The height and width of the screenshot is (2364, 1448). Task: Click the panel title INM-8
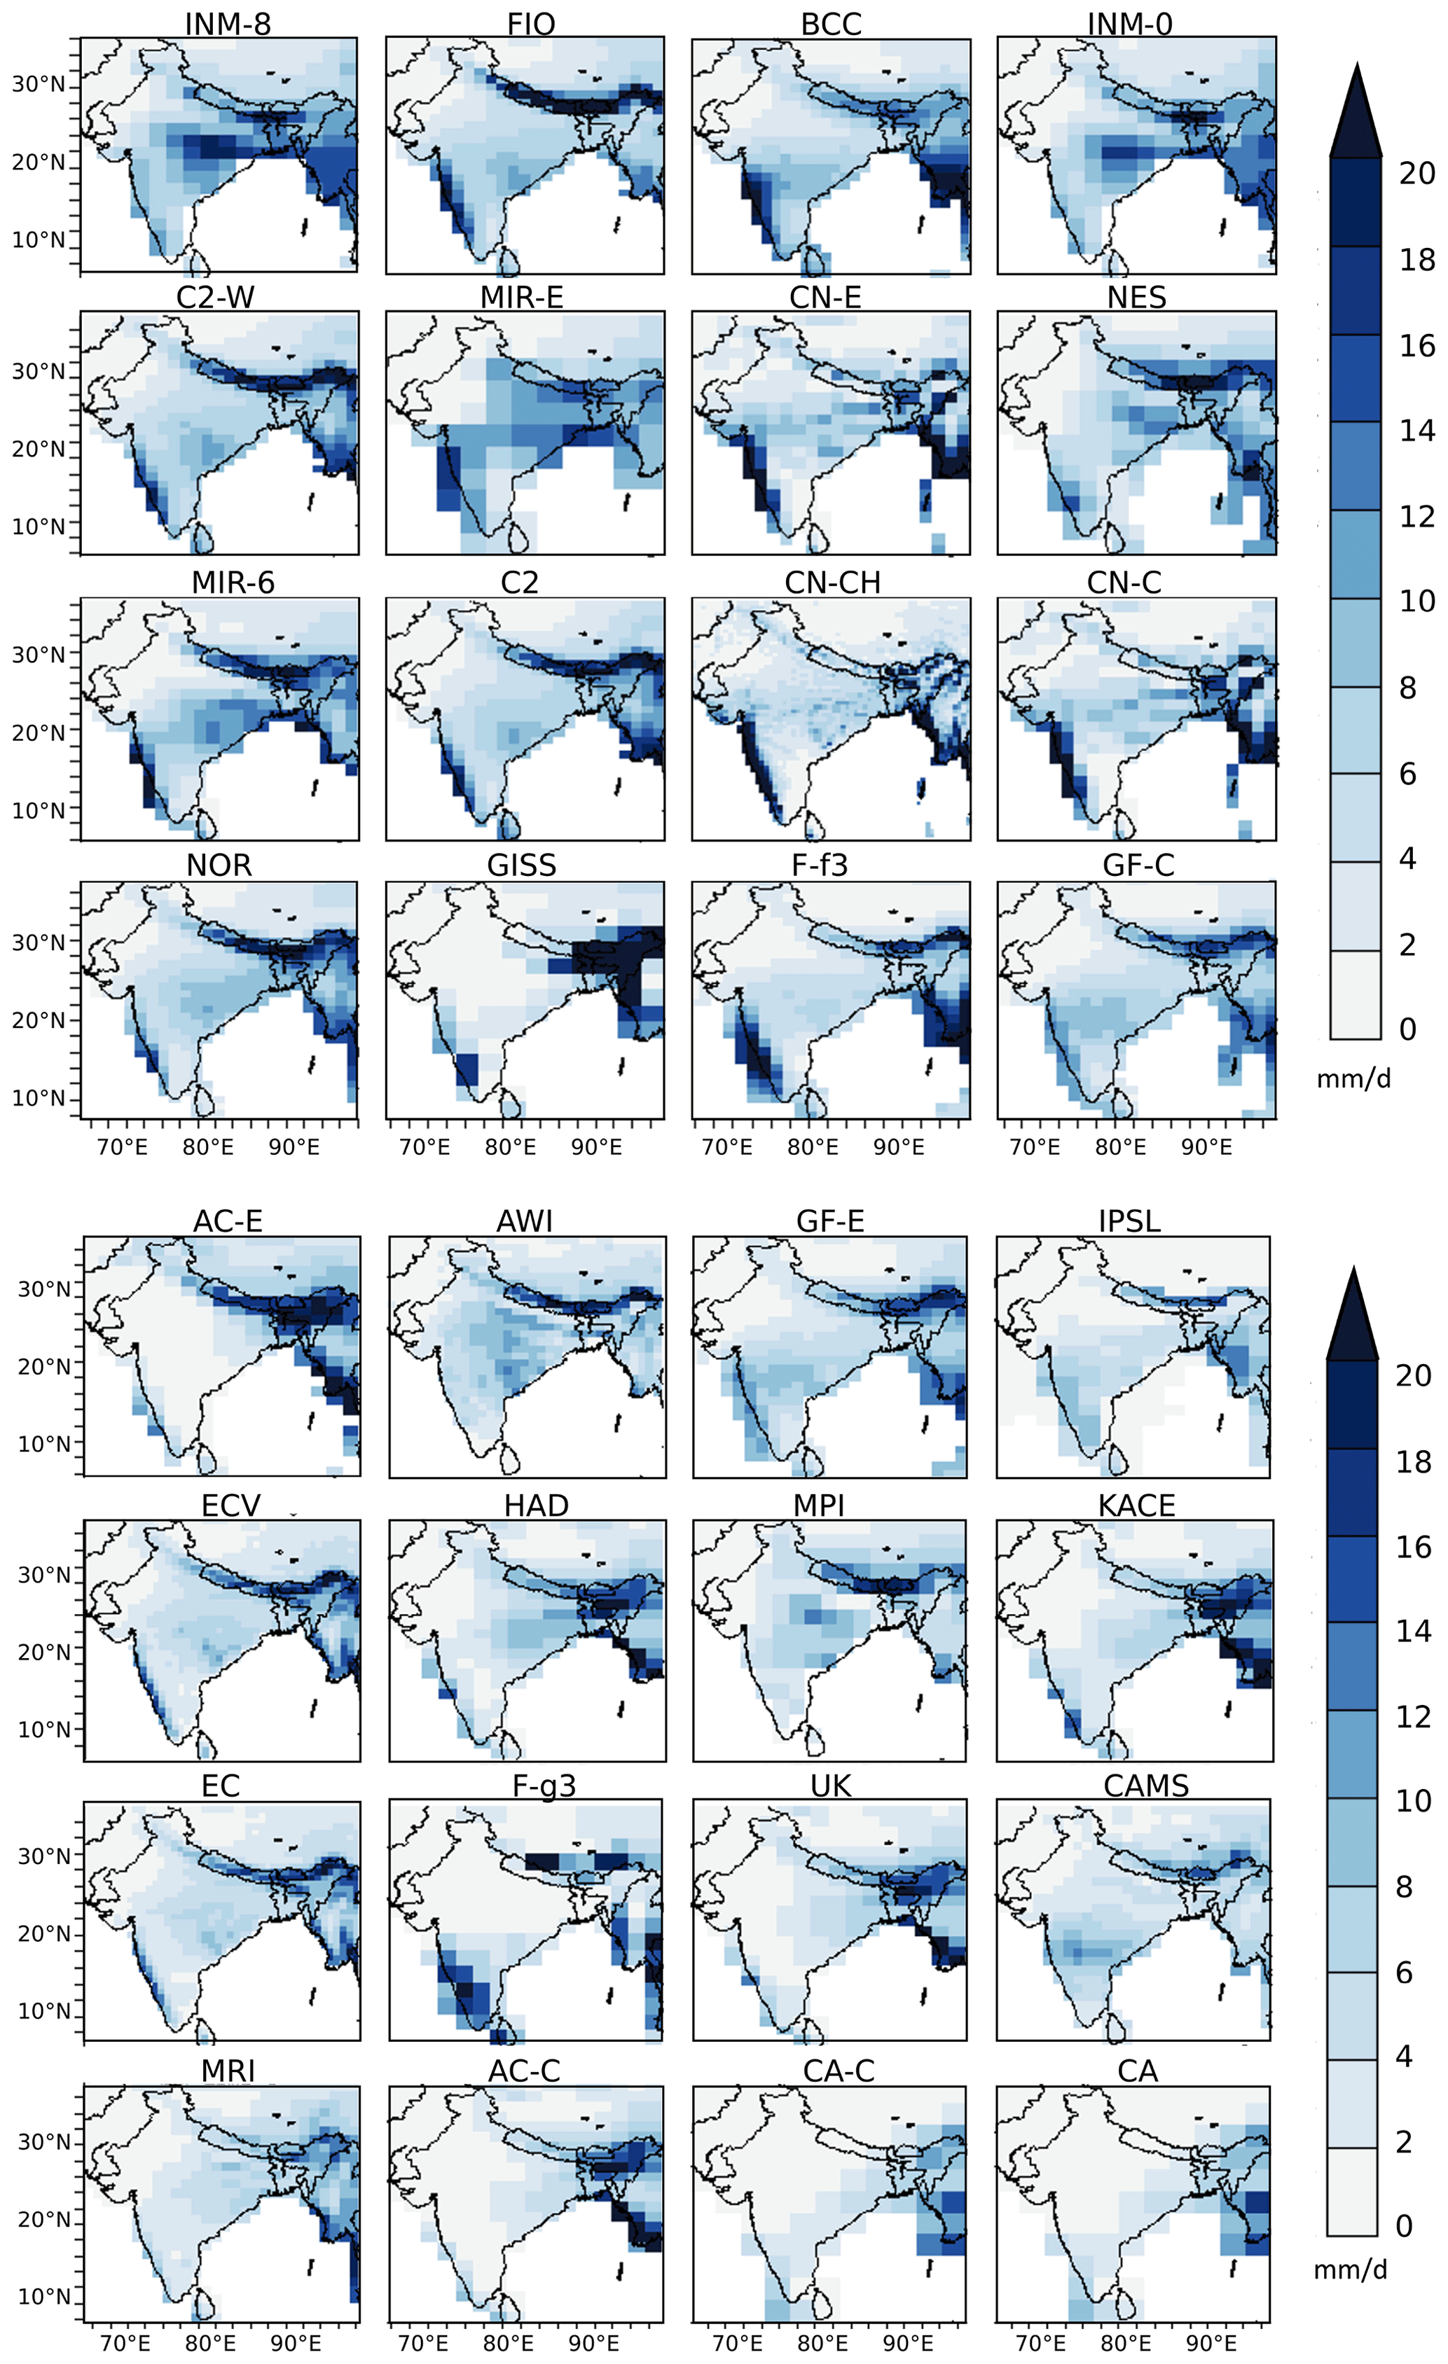[x=228, y=23]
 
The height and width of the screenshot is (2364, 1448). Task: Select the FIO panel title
[x=530, y=23]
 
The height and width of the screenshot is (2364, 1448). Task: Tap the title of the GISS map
[x=521, y=865]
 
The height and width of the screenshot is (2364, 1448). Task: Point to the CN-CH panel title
[x=832, y=583]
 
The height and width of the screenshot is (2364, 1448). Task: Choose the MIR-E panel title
[x=521, y=298]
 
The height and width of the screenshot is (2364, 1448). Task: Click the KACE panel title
[x=1136, y=1506]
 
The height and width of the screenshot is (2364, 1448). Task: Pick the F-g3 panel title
[x=544, y=1786]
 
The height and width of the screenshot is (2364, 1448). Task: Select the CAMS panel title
[x=1146, y=1786]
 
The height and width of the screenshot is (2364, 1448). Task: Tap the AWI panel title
[x=524, y=1221]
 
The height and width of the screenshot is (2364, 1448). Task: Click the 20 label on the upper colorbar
[x=1416, y=174]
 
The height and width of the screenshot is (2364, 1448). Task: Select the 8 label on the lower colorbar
[x=1403, y=1886]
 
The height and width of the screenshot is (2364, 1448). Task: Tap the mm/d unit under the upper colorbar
[x=1353, y=1078]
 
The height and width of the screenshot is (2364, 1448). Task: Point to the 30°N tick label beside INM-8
[x=39, y=85]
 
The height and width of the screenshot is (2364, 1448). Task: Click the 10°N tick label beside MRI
[x=43, y=2296]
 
